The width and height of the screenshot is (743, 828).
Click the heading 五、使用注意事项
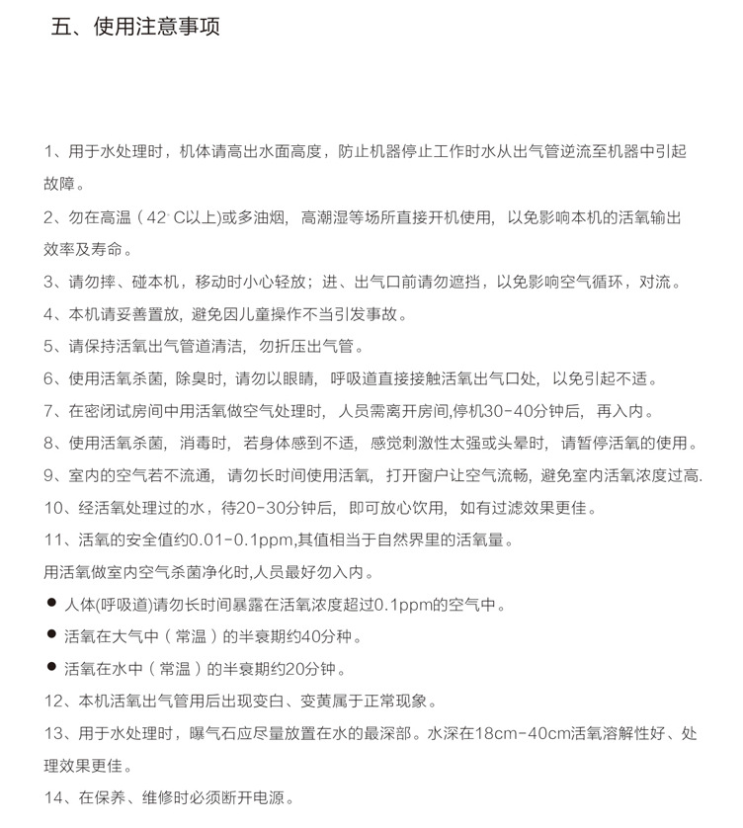pos(135,27)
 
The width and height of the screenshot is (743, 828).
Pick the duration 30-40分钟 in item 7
pos(499,410)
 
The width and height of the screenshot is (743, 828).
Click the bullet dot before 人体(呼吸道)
pos(50,603)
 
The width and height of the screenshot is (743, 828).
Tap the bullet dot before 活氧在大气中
pos(50,634)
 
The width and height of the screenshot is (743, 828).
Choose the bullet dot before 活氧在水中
pos(50,667)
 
